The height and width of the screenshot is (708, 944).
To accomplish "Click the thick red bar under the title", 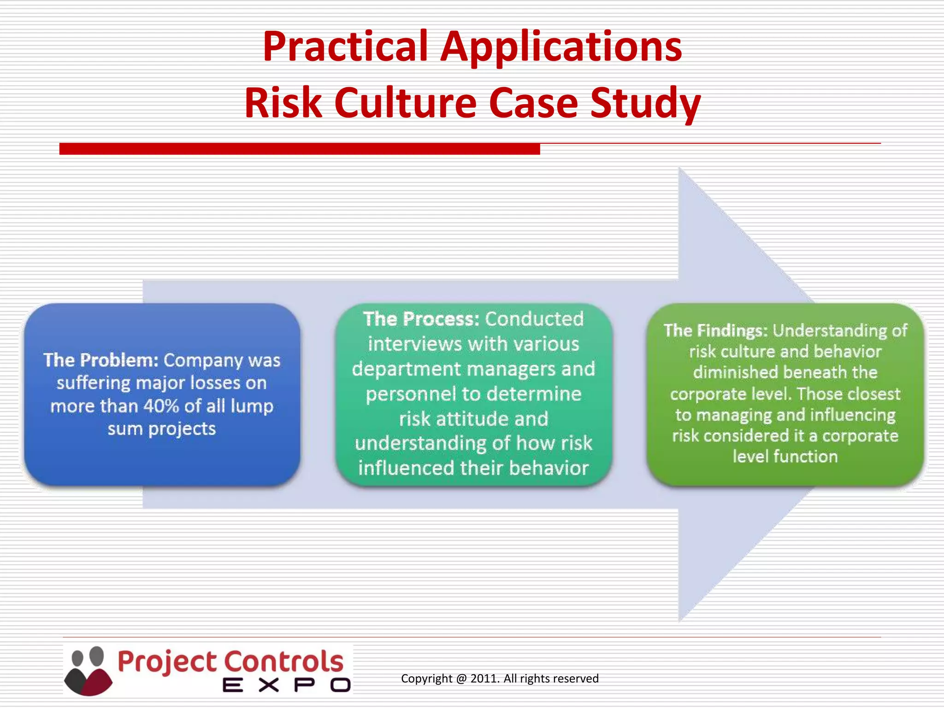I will (300, 149).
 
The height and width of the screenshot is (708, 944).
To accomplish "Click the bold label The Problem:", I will (101, 360).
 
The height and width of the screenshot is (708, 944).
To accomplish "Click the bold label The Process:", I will (421, 319).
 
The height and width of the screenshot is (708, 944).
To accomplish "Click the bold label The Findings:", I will (715, 330).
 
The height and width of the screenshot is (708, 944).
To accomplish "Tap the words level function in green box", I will (785, 457).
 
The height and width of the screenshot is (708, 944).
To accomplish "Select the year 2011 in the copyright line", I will (484, 678).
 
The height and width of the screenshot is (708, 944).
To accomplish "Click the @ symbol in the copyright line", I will (461, 678).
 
